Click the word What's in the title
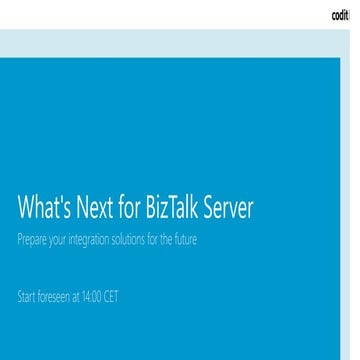[x=43, y=208]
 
